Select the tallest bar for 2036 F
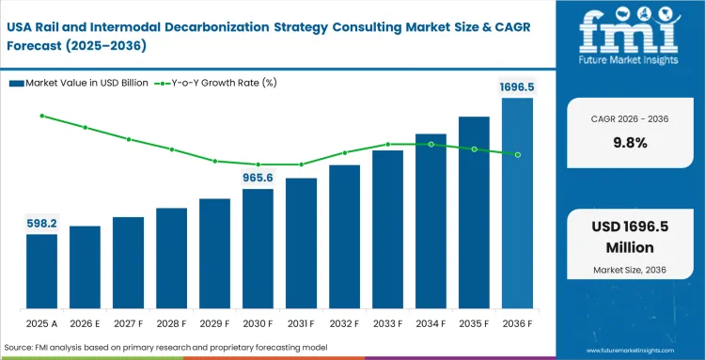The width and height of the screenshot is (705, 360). [x=517, y=203]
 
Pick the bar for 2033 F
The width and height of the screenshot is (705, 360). [x=387, y=229]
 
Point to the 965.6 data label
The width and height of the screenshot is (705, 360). [x=258, y=177]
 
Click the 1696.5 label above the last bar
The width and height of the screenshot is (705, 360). [x=516, y=86]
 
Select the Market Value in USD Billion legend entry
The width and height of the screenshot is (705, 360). [x=82, y=83]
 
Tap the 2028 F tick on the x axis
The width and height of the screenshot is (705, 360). [x=171, y=322]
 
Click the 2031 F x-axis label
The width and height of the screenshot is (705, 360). [x=301, y=322]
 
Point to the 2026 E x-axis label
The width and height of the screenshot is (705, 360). [x=85, y=322]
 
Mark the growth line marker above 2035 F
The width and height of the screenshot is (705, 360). [x=474, y=149]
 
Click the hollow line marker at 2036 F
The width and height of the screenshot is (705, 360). [x=517, y=155]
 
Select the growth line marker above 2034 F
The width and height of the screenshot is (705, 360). [x=431, y=145]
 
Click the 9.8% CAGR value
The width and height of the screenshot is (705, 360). [x=629, y=143]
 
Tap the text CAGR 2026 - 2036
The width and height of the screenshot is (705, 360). [x=629, y=119]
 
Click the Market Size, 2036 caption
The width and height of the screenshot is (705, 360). [x=629, y=271]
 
